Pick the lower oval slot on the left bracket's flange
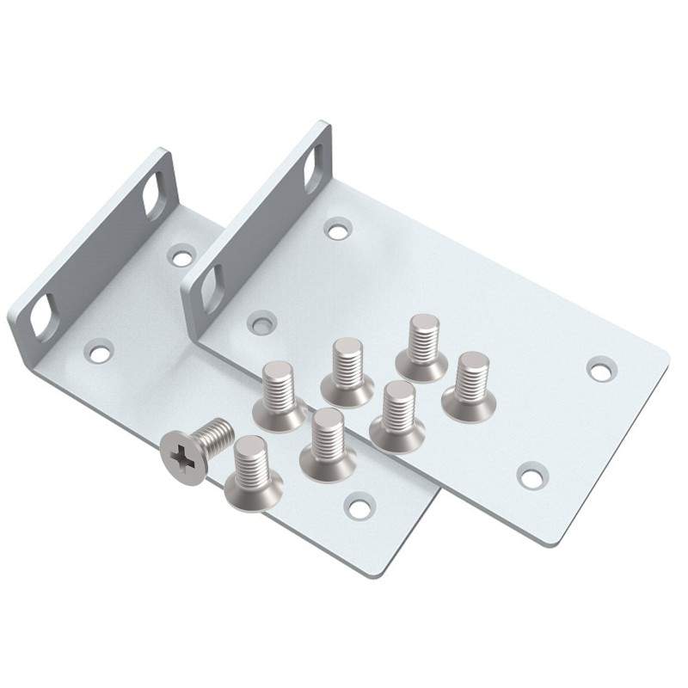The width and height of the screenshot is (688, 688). [43, 316]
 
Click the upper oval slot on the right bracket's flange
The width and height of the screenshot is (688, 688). [316, 167]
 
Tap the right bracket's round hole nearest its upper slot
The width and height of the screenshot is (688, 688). [338, 230]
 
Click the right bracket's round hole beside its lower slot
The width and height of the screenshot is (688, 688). [261, 323]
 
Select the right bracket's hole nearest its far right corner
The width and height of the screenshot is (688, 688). [601, 369]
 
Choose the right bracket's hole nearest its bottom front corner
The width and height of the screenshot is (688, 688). [531, 476]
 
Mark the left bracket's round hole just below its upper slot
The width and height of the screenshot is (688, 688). [181, 255]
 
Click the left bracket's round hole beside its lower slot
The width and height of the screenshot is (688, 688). [100, 352]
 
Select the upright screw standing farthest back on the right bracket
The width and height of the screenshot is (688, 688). [422, 347]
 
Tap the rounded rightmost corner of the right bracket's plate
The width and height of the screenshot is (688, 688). [663, 353]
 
